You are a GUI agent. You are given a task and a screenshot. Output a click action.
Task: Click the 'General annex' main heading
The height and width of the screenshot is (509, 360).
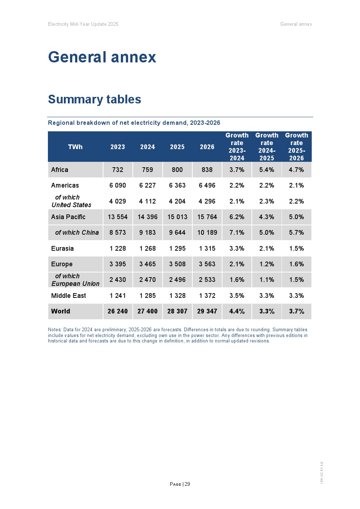pyautogui.click(x=102, y=57)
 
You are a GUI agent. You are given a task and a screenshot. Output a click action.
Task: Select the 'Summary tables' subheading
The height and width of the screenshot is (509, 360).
pyautogui.click(x=94, y=99)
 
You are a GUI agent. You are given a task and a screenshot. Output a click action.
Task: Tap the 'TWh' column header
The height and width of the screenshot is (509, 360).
pyautogui.click(x=75, y=147)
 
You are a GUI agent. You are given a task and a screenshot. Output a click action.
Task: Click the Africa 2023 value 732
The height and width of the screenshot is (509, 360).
pyautogui.click(x=118, y=170)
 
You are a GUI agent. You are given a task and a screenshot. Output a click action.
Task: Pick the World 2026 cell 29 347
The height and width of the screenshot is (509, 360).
pyautogui.click(x=207, y=311)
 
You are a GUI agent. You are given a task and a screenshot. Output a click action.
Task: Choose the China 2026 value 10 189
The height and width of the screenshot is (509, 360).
pyautogui.click(x=207, y=233)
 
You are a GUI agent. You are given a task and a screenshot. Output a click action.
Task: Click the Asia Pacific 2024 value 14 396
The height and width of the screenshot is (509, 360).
pyautogui.click(x=147, y=217)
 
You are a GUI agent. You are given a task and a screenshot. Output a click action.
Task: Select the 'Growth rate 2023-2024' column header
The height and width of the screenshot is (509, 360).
pyautogui.click(x=237, y=147)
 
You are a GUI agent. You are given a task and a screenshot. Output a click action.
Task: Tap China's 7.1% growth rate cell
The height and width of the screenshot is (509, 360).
pyautogui.click(x=237, y=233)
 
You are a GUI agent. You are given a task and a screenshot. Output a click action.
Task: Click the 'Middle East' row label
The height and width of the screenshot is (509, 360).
pyautogui.click(x=69, y=296)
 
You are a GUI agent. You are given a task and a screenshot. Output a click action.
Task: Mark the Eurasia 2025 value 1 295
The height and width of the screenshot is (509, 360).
pyautogui.click(x=177, y=249)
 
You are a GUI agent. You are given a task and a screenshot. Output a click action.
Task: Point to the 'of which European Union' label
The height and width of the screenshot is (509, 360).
pyautogui.click(x=75, y=280)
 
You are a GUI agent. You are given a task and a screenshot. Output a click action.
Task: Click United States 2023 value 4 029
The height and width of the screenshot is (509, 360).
pyautogui.click(x=118, y=201)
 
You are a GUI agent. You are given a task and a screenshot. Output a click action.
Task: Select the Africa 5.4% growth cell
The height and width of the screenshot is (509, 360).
pyautogui.click(x=267, y=170)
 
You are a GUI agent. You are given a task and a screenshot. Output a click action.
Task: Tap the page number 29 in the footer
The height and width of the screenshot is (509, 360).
pyautogui.click(x=187, y=484)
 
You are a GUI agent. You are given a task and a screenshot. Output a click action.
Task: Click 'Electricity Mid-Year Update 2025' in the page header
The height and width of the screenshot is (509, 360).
pyautogui.click(x=83, y=24)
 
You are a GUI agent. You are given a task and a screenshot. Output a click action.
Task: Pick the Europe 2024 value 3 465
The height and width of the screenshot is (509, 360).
pyautogui.click(x=147, y=264)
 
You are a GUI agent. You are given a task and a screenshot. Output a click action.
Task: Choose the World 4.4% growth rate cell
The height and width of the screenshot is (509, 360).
pyautogui.click(x=237, y=311)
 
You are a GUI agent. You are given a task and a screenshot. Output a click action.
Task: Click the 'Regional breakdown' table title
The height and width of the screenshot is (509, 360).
pyautogui.click(x=134, y=123)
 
